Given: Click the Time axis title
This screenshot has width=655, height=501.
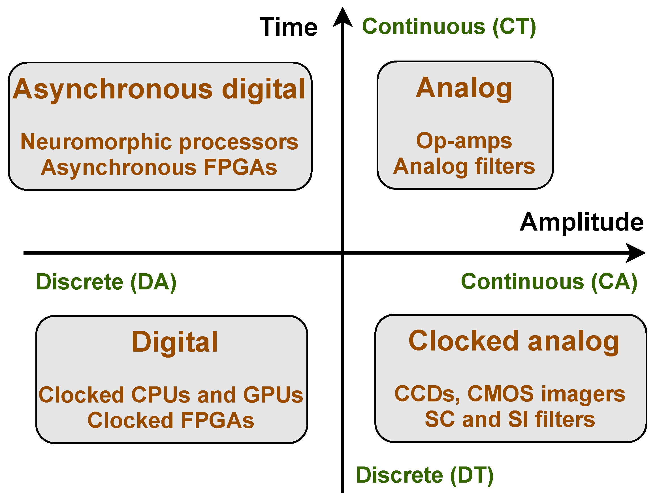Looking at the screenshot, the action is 288,27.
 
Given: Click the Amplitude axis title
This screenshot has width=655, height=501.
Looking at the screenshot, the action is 581,222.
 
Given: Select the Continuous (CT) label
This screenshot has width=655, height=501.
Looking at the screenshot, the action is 449,27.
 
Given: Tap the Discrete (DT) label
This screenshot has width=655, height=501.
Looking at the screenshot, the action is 424,476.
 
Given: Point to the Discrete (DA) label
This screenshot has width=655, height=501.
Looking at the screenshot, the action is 106,282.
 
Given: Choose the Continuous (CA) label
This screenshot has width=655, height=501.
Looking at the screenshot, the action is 549,282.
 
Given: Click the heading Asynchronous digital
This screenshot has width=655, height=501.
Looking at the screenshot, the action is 159,89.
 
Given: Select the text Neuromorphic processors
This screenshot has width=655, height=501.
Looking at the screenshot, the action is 159,142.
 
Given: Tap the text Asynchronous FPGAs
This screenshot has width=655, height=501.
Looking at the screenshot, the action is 159,167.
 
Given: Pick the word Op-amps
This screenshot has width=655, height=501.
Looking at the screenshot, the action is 464,141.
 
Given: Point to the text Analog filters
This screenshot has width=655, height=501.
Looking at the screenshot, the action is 464,166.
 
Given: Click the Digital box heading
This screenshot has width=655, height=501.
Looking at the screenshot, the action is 175,342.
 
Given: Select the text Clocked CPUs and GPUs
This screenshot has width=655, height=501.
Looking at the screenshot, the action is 171,395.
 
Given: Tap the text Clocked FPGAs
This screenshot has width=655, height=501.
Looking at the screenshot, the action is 171,420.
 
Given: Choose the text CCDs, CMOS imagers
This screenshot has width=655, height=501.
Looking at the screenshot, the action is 510,394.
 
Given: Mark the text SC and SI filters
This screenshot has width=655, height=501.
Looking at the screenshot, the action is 510,420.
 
